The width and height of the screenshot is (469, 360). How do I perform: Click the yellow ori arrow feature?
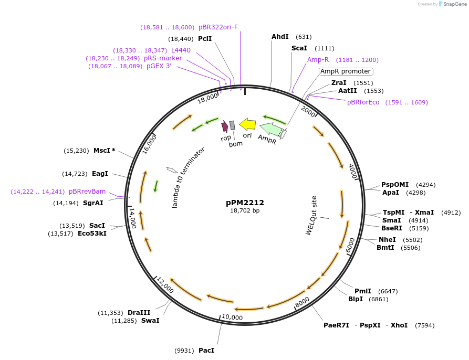247,124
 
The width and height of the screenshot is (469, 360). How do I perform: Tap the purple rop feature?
225,126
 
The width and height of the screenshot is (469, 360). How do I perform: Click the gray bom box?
232,125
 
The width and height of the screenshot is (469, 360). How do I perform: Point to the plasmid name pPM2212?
245,202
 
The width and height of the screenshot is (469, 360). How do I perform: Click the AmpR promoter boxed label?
346,71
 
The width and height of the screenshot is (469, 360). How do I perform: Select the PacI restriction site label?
206,350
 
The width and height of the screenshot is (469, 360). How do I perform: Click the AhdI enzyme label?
280,37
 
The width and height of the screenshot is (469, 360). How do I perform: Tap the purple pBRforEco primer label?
363,102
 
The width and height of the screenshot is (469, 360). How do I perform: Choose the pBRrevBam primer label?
87,192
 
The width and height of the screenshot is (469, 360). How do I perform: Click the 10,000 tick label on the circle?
232,317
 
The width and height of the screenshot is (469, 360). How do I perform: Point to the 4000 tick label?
353,171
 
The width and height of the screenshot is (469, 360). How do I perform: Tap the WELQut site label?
311,216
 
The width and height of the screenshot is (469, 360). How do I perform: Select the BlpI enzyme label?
355,299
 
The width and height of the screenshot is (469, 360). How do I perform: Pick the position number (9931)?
184,350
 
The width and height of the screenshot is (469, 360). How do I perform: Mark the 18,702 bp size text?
245,210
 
